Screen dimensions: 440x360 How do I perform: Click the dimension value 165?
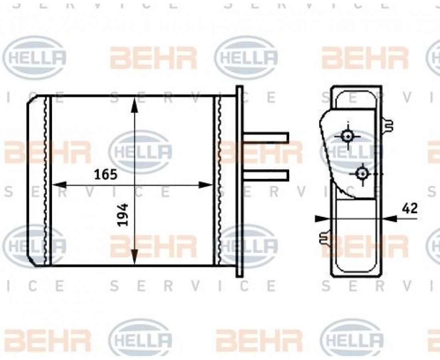pyautogui.click(x=106, y=175)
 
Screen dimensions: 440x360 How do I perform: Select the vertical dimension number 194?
pyautogui.click(x=123, y=215)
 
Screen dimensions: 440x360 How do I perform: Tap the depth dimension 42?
pyautogui.click(x=410, y=208)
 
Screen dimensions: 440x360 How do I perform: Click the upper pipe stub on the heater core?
pyautogui.click(x=266, y=138)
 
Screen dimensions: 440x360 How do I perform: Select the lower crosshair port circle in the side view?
pyautogui.click(x=363, y=174)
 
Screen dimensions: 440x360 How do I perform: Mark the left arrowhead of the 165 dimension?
pyautogui.click(x=59, y=185)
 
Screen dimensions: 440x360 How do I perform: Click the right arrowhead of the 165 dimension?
pyautogui.click(x=206, y=185)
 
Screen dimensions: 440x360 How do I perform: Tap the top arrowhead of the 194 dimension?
pyautogui.click(x=135, y=105)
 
